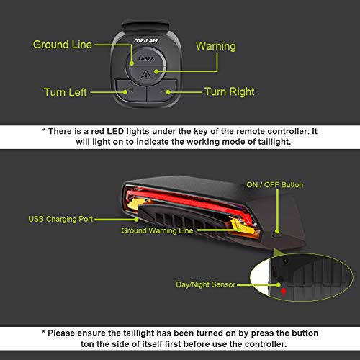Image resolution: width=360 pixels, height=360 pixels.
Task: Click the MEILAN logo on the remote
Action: click(145, 40)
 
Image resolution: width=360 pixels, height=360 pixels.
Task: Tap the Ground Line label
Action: click(63, 45)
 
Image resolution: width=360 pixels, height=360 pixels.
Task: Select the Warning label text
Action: click(216, 46)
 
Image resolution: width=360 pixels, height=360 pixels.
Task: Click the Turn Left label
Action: click(65, 92)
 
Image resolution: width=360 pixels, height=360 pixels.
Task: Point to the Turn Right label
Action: click(230, 92)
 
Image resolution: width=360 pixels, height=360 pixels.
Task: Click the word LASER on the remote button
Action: click(146, 58)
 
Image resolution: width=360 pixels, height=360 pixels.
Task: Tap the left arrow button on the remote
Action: click(131, 90)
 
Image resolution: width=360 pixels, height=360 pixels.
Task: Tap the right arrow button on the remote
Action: click(161, 90)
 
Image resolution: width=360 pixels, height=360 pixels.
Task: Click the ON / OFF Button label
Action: click(274, 185)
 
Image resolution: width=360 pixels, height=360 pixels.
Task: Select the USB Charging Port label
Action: click(60, 219)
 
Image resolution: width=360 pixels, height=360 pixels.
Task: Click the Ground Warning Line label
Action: click(157, 230)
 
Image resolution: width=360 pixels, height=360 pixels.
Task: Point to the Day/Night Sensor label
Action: click(206, 284)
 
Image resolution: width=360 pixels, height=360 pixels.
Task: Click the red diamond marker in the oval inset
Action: click(284, 292)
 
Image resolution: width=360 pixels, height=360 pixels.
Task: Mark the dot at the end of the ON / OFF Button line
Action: click(277, 231)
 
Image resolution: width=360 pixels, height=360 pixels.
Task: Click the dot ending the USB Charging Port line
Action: click(136, 220)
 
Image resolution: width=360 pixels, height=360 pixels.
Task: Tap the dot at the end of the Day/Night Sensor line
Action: click(278, 285)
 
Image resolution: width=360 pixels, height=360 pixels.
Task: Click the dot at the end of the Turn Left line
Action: click(125, 92)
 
